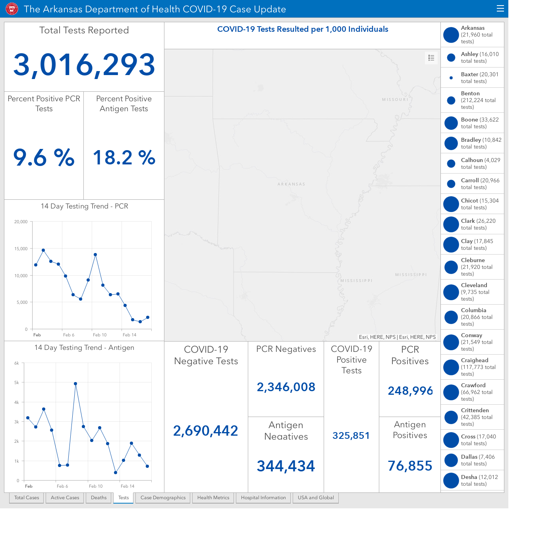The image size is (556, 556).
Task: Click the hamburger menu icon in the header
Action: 500,9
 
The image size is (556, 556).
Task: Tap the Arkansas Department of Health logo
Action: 12,9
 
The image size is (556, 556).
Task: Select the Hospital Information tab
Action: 263,498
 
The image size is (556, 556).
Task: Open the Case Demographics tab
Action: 163,498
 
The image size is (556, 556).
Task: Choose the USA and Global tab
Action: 316,498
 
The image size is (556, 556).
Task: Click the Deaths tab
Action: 98,498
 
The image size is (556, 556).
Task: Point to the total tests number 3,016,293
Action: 84,65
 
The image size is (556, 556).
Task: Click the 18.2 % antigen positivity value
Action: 124,158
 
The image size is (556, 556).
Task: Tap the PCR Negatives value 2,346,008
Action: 286,387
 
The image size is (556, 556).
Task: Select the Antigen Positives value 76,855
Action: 410,466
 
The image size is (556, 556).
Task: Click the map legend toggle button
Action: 431,58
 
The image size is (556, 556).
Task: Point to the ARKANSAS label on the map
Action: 292,184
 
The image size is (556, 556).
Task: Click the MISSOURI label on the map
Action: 395,100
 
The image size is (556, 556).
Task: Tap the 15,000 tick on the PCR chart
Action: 21,249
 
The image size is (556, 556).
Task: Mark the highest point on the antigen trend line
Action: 75,384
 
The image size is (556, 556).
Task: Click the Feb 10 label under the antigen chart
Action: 95,486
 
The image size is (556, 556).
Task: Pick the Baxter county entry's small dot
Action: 451,77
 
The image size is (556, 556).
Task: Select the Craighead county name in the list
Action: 475,360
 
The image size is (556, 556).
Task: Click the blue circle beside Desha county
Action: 451,481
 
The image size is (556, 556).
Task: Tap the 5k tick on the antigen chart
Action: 17,382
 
